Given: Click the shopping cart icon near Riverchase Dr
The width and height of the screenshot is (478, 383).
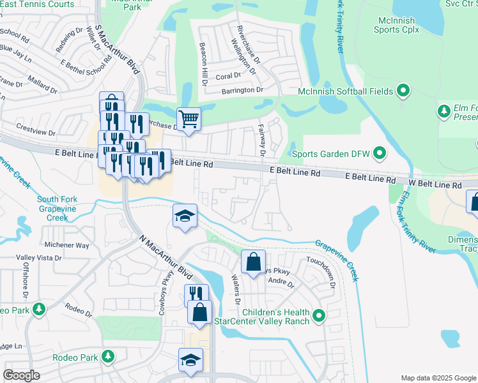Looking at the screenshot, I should tap(189, 118).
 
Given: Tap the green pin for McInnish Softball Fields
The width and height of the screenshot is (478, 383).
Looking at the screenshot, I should tap(403, 91).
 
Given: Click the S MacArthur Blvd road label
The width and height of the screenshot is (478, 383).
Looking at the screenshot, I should tap(117, 49).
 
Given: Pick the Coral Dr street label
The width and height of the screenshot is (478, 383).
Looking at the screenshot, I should tap(227, 76).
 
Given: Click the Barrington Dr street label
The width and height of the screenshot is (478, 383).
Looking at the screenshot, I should tap(242, 91).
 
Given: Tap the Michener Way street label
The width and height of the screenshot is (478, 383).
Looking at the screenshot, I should tap(66, 245).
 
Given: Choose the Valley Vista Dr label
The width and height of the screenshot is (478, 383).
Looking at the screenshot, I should tap(39, 258).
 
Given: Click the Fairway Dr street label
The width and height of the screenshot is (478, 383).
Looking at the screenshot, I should tap(262, 140).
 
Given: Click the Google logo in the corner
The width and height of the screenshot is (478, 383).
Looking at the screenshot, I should tap(22, 375).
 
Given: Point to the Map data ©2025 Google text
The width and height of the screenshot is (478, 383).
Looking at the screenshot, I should tap(438, 378).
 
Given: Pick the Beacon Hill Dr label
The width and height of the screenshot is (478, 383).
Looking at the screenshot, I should tap(204, 64).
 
